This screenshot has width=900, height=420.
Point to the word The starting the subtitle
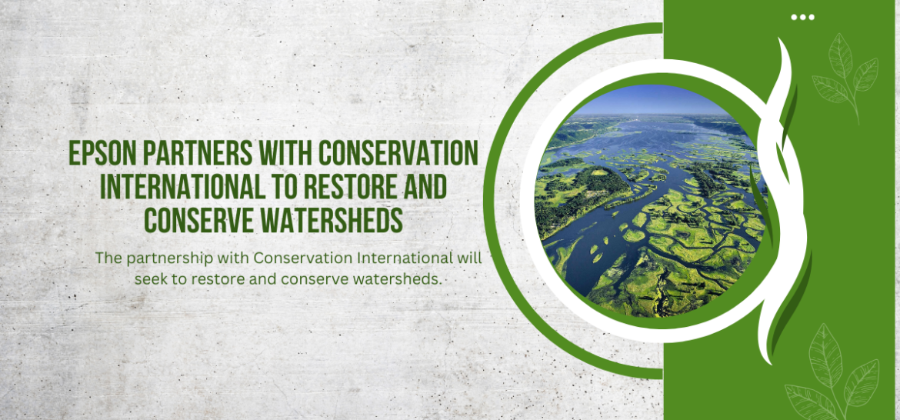[107, 258]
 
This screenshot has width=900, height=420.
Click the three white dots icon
[802, 17]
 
